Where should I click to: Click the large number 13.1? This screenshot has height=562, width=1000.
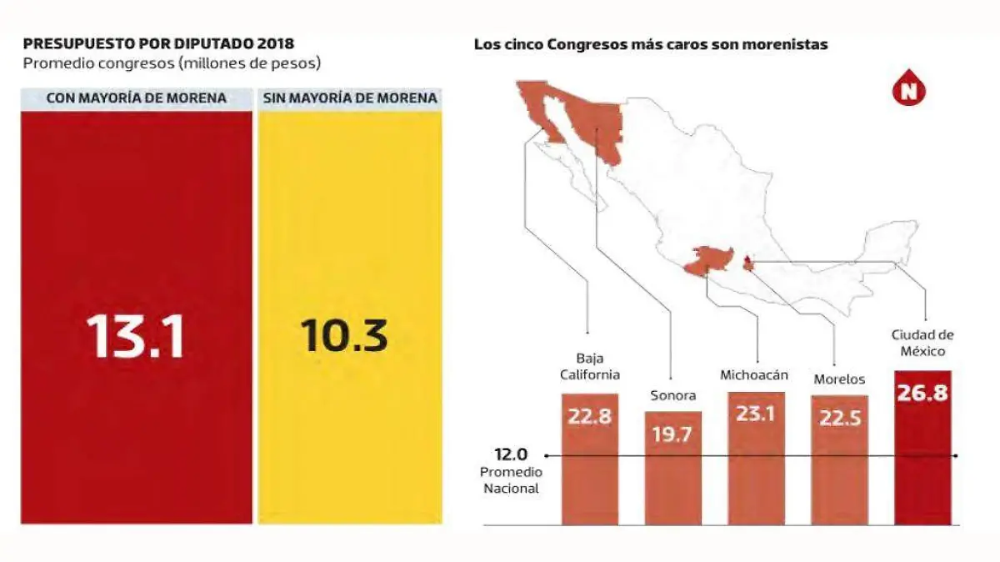click(x=135, y=336)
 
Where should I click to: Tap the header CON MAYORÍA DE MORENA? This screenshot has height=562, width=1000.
click(x=136, y=98)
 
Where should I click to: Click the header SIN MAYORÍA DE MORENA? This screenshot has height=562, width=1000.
click(x=350, y=98)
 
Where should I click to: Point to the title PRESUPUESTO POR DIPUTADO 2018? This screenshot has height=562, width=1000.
click(x=158, y=43)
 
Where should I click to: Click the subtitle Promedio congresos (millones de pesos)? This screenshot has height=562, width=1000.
click(x=172, y=63)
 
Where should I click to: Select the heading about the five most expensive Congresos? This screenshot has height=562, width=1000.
click(x=651, y=45)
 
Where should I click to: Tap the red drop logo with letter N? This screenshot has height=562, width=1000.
click(x=909, y=88)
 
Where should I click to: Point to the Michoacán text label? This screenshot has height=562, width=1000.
click(x=755, y=375)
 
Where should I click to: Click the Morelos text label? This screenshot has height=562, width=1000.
click(x=839, y=379)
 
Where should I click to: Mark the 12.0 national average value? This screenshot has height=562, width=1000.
click(x=511, y=454)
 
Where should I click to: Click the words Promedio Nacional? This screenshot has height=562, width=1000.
click(x=510, y=479)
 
